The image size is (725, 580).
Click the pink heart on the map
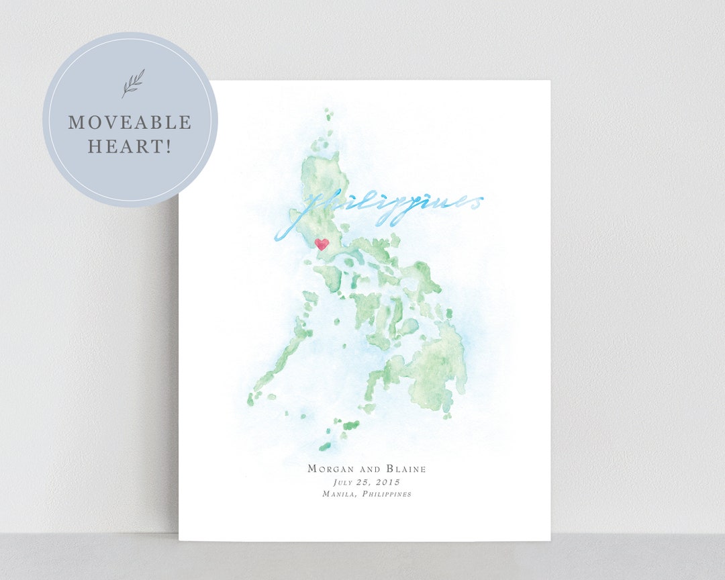322,244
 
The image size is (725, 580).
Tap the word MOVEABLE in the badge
130,123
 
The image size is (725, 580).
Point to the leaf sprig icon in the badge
132,84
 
